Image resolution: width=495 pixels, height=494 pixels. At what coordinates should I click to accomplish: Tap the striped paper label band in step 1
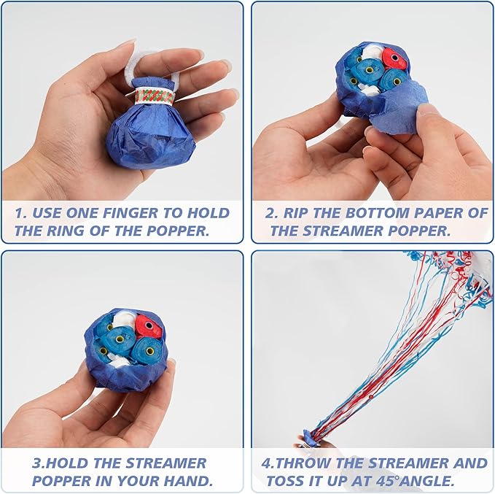pyautogui.click(x=154, y=96)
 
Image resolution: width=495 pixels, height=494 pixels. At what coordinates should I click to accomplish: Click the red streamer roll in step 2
pyautogui.click(x=394, y=58)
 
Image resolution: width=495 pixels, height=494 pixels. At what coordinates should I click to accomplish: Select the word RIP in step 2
pyautogui.click(x=296, y=213)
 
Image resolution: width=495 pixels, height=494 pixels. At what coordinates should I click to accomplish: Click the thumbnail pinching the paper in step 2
pyautogui.click(x=426, y=109)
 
